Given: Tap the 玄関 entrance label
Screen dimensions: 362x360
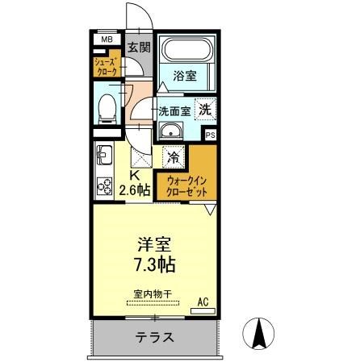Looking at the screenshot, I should pos(137,48).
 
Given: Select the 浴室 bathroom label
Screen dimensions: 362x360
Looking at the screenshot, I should pos(186,77).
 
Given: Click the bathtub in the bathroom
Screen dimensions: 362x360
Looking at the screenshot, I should pos(185,51).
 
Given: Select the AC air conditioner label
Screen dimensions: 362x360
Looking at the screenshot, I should pos(203,302).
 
